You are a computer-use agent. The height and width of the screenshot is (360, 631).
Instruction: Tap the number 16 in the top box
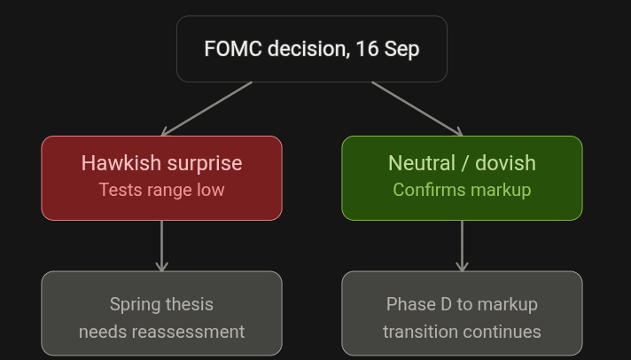tap(367, 49)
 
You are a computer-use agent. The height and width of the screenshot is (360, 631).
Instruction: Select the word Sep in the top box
tap(401, 50)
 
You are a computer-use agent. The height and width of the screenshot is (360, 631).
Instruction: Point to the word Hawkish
tap(121, 163)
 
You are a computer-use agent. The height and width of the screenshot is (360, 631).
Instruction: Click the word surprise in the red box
tap(205, 164)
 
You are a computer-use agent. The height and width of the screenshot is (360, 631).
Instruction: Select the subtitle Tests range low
tap(162, 190)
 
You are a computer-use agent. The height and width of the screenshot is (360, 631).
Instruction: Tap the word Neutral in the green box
tap(422, 163)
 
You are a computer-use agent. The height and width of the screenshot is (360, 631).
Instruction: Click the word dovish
tap(505, 163)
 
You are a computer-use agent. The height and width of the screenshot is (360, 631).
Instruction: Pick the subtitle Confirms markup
tap(462, 190)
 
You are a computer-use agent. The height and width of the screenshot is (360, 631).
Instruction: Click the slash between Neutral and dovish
tap(465, 163)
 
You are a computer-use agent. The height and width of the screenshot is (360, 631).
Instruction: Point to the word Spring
tap(136, 305)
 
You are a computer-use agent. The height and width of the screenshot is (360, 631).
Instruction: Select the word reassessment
tap(188, 333)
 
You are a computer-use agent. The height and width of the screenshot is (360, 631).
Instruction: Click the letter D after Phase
tap(447, 304)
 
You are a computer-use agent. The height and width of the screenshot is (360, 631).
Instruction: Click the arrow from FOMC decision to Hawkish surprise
tap(206, 109)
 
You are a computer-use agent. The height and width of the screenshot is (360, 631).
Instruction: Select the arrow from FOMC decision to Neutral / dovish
tap(417, 109)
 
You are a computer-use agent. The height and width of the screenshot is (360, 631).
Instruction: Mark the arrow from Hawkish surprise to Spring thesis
tap(162, 246)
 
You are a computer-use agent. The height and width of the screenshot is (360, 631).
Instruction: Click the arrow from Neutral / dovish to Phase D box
tap(462, 246)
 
